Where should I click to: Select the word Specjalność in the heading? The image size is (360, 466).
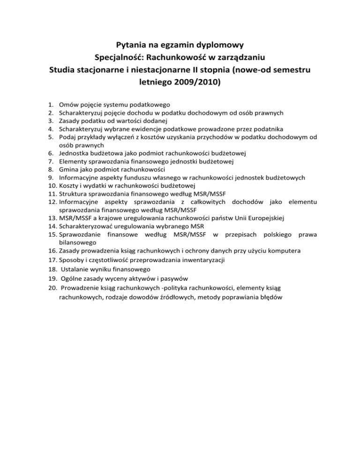tap(123, 59)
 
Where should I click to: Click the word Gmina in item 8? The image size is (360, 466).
tap(69, 169)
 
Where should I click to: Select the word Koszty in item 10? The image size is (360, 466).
tap(70, 186)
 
